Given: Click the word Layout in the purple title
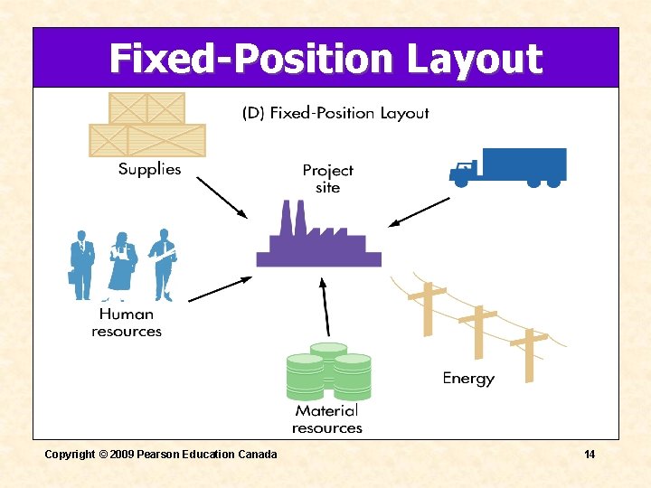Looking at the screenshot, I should pos(474,60).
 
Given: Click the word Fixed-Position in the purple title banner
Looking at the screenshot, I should pos(251,60).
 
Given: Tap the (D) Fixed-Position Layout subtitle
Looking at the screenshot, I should pos(335,114).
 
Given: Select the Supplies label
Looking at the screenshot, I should pos(150,169).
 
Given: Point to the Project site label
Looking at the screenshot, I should pos(327,179).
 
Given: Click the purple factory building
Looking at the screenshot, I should pos(318,239).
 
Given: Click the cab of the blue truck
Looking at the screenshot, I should pos(463,171).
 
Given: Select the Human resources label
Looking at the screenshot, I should pos(127,323).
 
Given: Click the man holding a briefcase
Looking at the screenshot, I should pos(81,264).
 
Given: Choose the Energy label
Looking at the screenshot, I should pos(468,379).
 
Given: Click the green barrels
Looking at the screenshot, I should pos(328,371).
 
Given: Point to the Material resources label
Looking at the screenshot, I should pos(327,419).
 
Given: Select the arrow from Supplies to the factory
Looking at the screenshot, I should pos(222,197).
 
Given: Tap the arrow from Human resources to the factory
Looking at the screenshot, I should pos(221,288).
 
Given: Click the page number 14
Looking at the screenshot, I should pos(590,454).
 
